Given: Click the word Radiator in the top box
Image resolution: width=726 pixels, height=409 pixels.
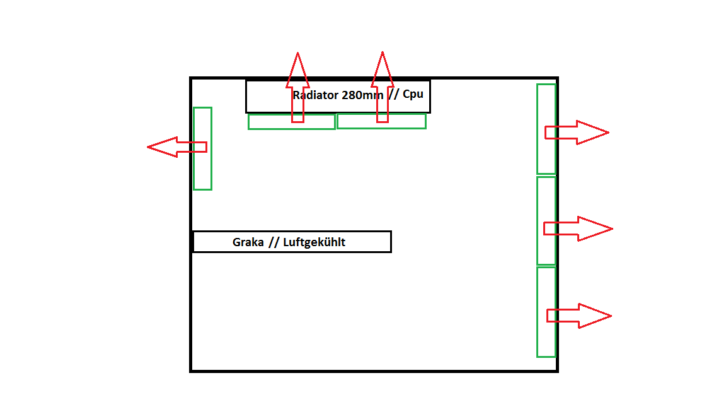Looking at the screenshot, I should tap(316, 95).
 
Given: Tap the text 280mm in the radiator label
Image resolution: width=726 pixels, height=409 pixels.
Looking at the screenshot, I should tap(362, 95).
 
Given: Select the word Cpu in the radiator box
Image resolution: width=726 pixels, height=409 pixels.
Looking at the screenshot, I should tap(413, 95).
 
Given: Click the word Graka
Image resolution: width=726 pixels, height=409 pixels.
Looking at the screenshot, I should tap(248, 242).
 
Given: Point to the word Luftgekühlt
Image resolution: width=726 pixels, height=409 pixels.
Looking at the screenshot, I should tap(314, 242).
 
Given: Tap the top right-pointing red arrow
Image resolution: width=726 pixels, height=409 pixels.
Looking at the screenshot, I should tap(577, 133).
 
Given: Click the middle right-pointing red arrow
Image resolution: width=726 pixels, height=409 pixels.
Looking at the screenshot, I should tap(578, 228).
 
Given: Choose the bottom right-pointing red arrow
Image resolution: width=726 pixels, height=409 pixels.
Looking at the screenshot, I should tap(579, 316).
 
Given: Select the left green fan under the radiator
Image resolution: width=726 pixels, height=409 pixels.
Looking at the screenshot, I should tap(271, 122).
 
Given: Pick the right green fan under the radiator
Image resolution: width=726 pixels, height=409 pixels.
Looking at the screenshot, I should tap(403, 121).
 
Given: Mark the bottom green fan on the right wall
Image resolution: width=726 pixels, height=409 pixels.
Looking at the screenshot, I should tap(546, 341).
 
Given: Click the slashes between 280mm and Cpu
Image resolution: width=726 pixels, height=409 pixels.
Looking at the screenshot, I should tap(393, 95).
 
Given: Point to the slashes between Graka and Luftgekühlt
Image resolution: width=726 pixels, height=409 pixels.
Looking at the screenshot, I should tap(274, 242).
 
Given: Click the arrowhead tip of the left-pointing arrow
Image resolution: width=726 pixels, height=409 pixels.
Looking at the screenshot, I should tap(149, 147).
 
